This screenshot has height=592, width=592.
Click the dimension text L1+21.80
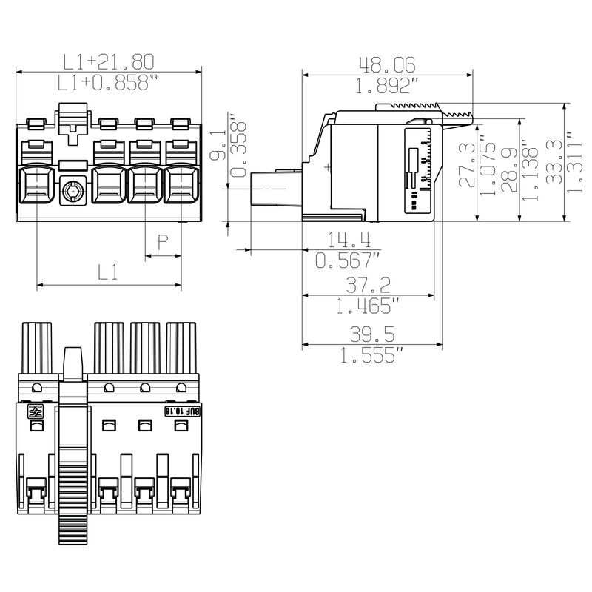pyautogui.click(x=110, y=61)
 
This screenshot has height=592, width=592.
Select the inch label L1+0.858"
pyautogui.click(x=110, y=83)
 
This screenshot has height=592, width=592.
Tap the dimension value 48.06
pyautogui.click(x=387, y=65)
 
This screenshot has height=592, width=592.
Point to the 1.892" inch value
pyautogui.click(x=387, y=86)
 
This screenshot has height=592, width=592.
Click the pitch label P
pyautogui.click(x=164, y=241)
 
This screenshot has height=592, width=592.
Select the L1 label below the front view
pyautogui.click(x=108, y=272)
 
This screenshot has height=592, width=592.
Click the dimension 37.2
pyautogui.click(x=368, y=283)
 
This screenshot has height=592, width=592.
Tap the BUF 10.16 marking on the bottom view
pyautogui.click(x=180, y=410)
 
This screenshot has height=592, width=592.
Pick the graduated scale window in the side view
pyautogui.click(x=419, y=169)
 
